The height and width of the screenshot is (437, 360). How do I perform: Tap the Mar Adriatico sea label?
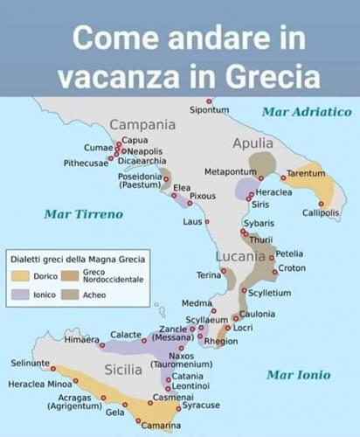tap(306, 112)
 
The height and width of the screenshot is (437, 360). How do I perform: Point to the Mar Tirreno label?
tap(83, 214)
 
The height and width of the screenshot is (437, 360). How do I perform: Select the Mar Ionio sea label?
tap(298, 375)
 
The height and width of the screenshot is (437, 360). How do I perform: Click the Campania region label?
tap(142, 124)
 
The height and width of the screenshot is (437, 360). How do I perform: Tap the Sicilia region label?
tap(123, 370)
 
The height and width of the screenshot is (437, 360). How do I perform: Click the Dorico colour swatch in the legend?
tap(20, 276)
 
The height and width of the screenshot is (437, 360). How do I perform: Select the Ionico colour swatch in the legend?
tap(20, 295)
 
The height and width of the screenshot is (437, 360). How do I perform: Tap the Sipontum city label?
tap(210, 110)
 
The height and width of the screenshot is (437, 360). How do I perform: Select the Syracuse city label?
tap(201, 406)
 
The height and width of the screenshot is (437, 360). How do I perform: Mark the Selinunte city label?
tap(30, 363)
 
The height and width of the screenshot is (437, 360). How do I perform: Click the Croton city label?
tap(291, 268)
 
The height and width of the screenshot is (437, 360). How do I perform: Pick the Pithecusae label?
tap(86, 163)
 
